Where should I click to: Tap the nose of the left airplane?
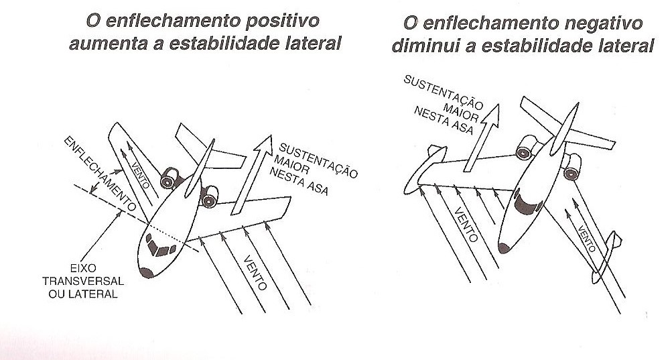pos(146,272)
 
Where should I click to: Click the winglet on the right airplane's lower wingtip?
pos(606,261)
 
